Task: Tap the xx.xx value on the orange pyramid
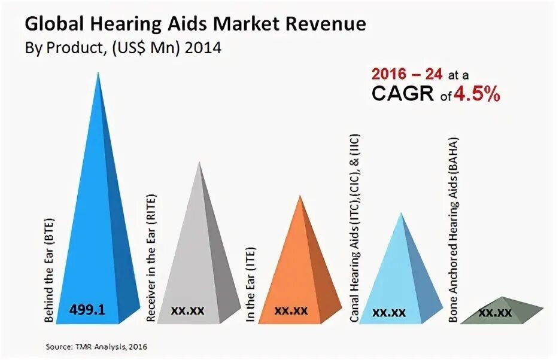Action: [291, 310]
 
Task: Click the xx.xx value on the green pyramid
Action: [495, 312]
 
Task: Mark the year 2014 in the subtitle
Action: [203, 48]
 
